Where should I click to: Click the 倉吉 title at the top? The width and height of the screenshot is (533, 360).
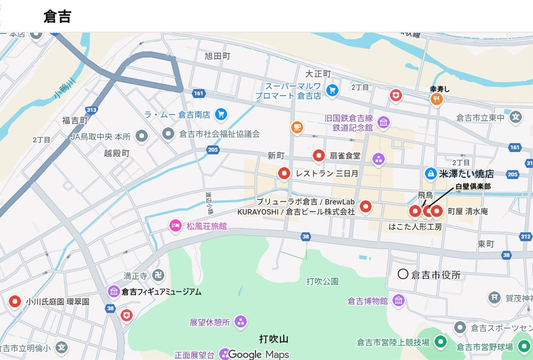[x=57, y=16]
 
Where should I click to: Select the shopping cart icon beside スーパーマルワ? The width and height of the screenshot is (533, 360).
[x=332, y=90]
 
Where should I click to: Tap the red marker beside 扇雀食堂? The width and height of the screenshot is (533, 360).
[x=318, y=156]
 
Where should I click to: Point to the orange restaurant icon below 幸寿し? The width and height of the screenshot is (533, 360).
[x=437, y=99]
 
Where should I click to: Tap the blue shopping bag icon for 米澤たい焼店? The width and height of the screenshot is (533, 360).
[x=430, y=173]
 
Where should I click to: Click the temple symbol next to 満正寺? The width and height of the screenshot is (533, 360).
[x=159, y=276]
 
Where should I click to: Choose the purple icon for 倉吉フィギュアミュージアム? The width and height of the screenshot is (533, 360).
[x=114, y=292]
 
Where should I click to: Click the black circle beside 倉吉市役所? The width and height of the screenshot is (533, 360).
[x=403, y=274]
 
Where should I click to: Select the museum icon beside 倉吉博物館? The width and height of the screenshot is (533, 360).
[x=398, y=300]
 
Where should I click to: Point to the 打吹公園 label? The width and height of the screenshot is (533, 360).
[x=322, y=281]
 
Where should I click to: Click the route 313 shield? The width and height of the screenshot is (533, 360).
[x=92, y=110]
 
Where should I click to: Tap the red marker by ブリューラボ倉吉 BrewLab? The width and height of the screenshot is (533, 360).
[x=365, y=206]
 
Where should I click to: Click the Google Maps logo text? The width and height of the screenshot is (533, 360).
[x=258, y=354]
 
